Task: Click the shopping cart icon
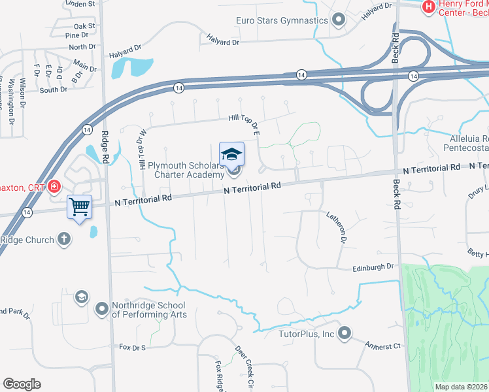[80, 207]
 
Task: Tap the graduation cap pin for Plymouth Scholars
[231, 154]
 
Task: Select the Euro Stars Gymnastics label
[282, 20]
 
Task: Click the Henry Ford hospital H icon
[429, 7]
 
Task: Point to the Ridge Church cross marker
[64, 239]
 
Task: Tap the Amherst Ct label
[382, 346]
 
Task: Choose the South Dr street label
[52, 90]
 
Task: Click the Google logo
[22, 384]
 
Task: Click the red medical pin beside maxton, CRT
[55, 187]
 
